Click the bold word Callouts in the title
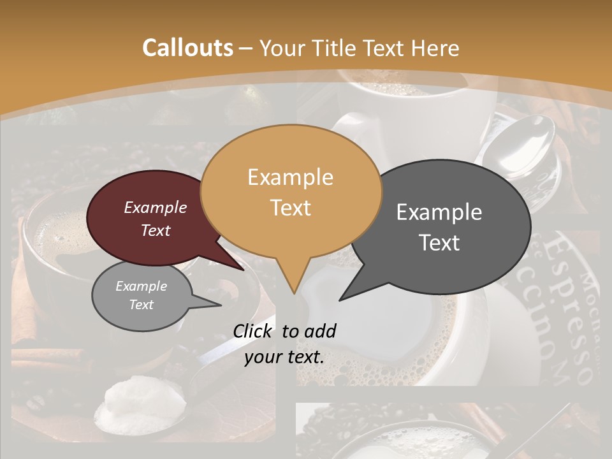point(187,48)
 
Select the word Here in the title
point(434,48)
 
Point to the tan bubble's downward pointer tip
point(293,293)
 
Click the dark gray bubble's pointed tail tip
point(340,300)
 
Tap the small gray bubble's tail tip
point(220,305)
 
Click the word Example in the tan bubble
point(290,177)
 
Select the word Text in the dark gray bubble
point(439,243)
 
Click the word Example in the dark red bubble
point(156,208)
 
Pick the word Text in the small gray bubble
point(142,305)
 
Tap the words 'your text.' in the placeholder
point(284,357)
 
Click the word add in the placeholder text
point(320,331)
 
